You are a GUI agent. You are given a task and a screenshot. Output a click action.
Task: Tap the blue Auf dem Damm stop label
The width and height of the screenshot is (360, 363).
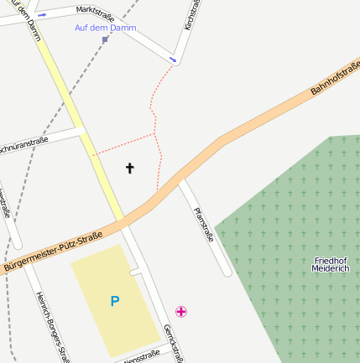click(105, 28)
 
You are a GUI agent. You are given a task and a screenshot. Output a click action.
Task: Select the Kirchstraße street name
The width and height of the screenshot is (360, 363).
click(191, 15)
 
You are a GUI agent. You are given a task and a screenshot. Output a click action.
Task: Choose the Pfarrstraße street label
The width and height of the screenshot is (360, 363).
click(203, 225)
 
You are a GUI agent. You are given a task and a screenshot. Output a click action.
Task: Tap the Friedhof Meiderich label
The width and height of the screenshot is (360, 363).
click(330, 264)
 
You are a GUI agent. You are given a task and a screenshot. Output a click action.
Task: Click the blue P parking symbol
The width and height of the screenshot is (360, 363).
click(115, 301)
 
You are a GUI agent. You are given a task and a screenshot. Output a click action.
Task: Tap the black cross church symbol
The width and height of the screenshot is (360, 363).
click(130, 169)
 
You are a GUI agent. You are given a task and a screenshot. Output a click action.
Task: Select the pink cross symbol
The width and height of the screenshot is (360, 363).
click(180, 312)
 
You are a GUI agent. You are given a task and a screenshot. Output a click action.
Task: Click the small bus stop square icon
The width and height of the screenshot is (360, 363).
click(105, 39)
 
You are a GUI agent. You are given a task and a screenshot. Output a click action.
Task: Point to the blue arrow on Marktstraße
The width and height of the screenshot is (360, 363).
click(42, 14)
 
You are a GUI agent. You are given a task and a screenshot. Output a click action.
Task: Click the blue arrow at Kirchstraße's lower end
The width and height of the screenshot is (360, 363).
click(173, 59)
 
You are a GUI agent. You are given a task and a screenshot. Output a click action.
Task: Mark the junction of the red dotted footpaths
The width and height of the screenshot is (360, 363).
click(156, 133)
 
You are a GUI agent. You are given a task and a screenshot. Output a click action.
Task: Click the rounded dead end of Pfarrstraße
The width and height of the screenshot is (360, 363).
click(225, 271)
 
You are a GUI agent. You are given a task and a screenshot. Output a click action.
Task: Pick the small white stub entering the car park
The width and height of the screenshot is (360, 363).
click(134, 272)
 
